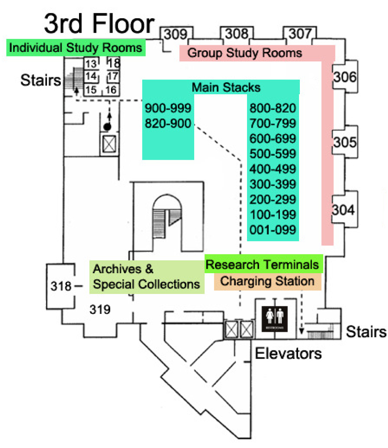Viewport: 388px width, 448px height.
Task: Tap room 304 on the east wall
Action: [x=344, y=211]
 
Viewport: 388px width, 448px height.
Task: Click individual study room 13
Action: [x=91, y=64]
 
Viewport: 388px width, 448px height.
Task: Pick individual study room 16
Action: [x=111, y=89]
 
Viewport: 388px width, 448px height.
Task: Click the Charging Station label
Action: [x=267, y=281]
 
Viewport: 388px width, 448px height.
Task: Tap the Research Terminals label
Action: [x=262, y=264]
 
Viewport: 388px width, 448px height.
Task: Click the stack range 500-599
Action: [x=272, y=154]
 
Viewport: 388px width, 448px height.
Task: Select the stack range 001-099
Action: [x=272, y=230]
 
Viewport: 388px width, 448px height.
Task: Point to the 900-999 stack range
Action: [x=168, y=108]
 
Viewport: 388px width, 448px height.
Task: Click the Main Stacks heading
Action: [x=226, y=88]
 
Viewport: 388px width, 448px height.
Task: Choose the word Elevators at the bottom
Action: [x=288, y=353]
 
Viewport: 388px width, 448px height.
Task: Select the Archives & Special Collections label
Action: [x=146, y=277]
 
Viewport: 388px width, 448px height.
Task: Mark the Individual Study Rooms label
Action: [x=75, y=47]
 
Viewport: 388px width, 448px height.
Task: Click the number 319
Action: [x=100, y=309]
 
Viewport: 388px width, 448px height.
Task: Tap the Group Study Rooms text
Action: [x=245, y=53]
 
